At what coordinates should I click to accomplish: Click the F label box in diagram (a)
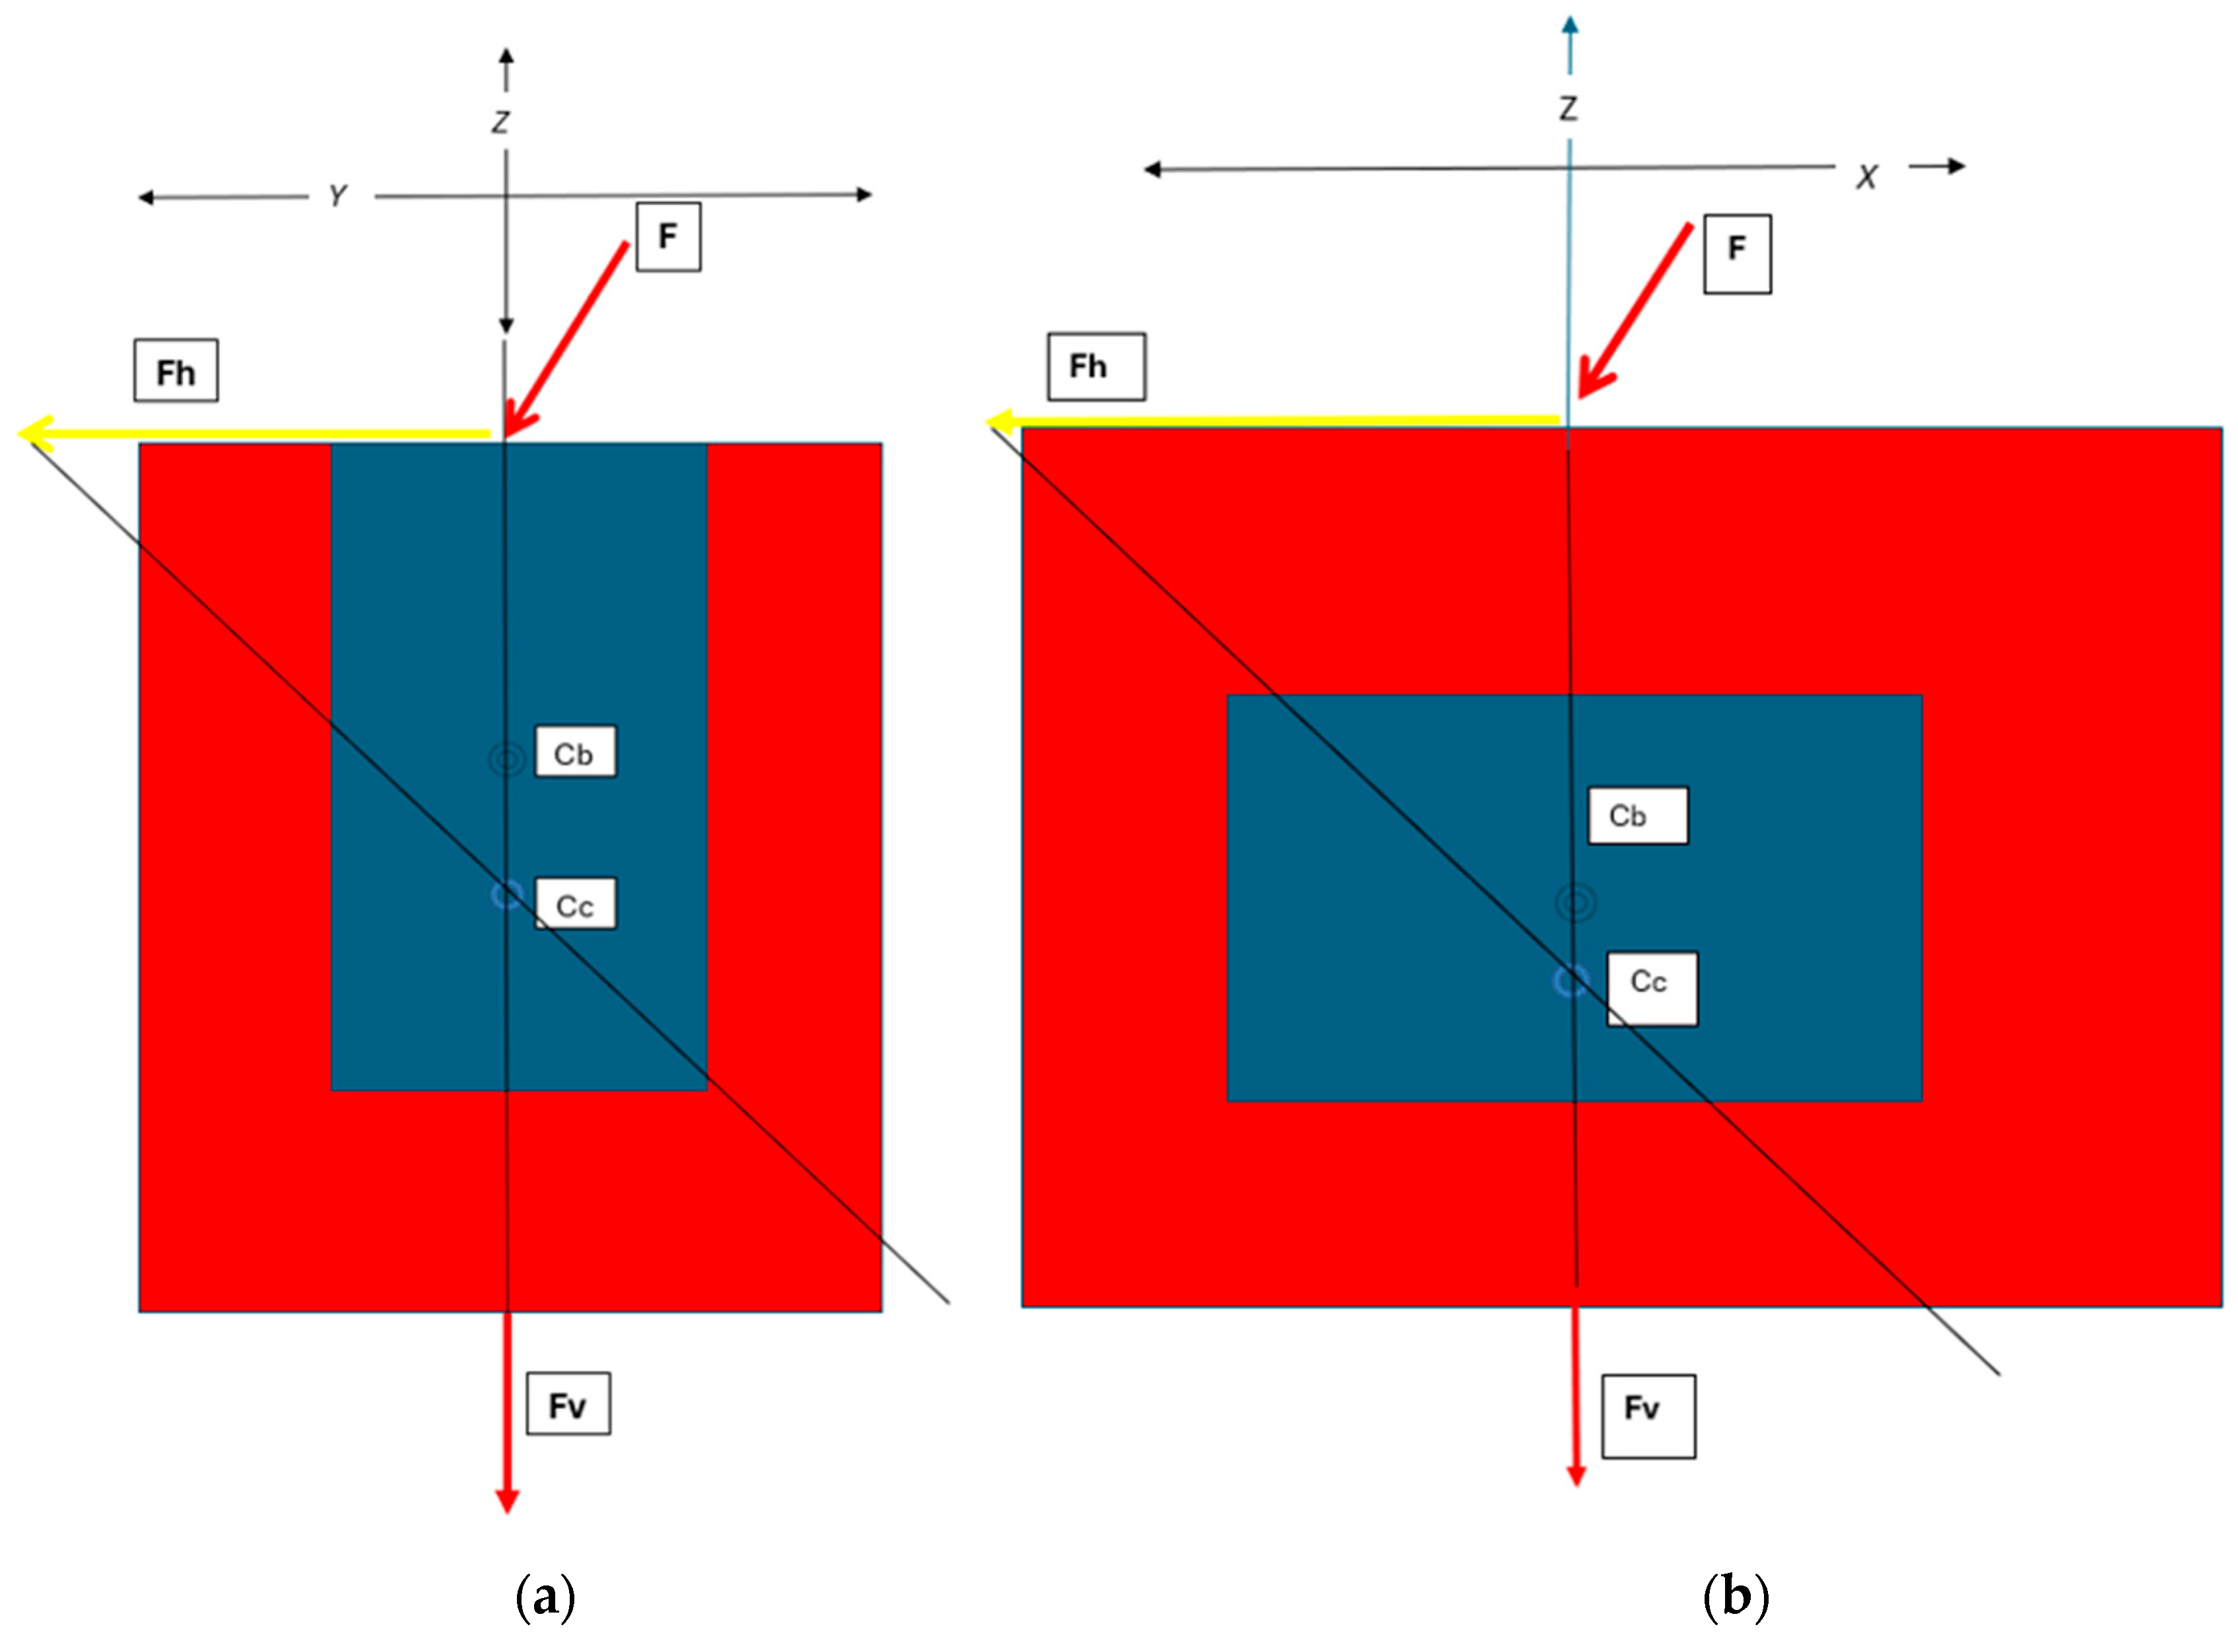click(668, 236)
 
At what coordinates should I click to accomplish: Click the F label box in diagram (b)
click(1736, 253)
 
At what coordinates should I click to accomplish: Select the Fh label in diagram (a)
click(176, 371)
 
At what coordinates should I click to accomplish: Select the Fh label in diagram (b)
click(1096, 366)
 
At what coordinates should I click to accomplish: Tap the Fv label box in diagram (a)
click(567, 1403)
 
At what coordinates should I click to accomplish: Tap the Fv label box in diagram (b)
click(1647, 1415)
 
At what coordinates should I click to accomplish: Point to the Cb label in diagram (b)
click(1637, 816)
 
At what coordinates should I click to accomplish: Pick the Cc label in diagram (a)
click(575, 904)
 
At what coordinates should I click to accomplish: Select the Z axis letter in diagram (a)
click(501, 121)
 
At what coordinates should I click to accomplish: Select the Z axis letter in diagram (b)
click(1568, 108)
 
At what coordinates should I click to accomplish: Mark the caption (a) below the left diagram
click(545, 1597)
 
